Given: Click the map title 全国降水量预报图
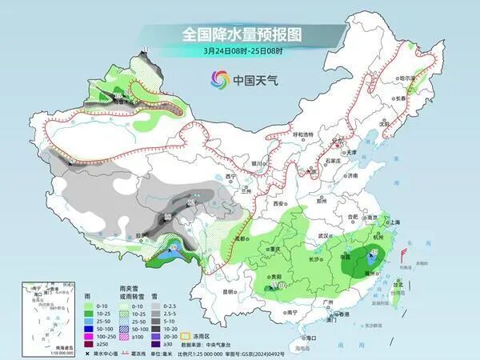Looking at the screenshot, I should tap(240, 34).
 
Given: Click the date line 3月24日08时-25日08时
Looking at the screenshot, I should tap(240, 50).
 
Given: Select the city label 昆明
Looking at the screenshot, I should tap(229, 291).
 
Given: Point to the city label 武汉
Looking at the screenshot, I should tap(323, 236).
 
